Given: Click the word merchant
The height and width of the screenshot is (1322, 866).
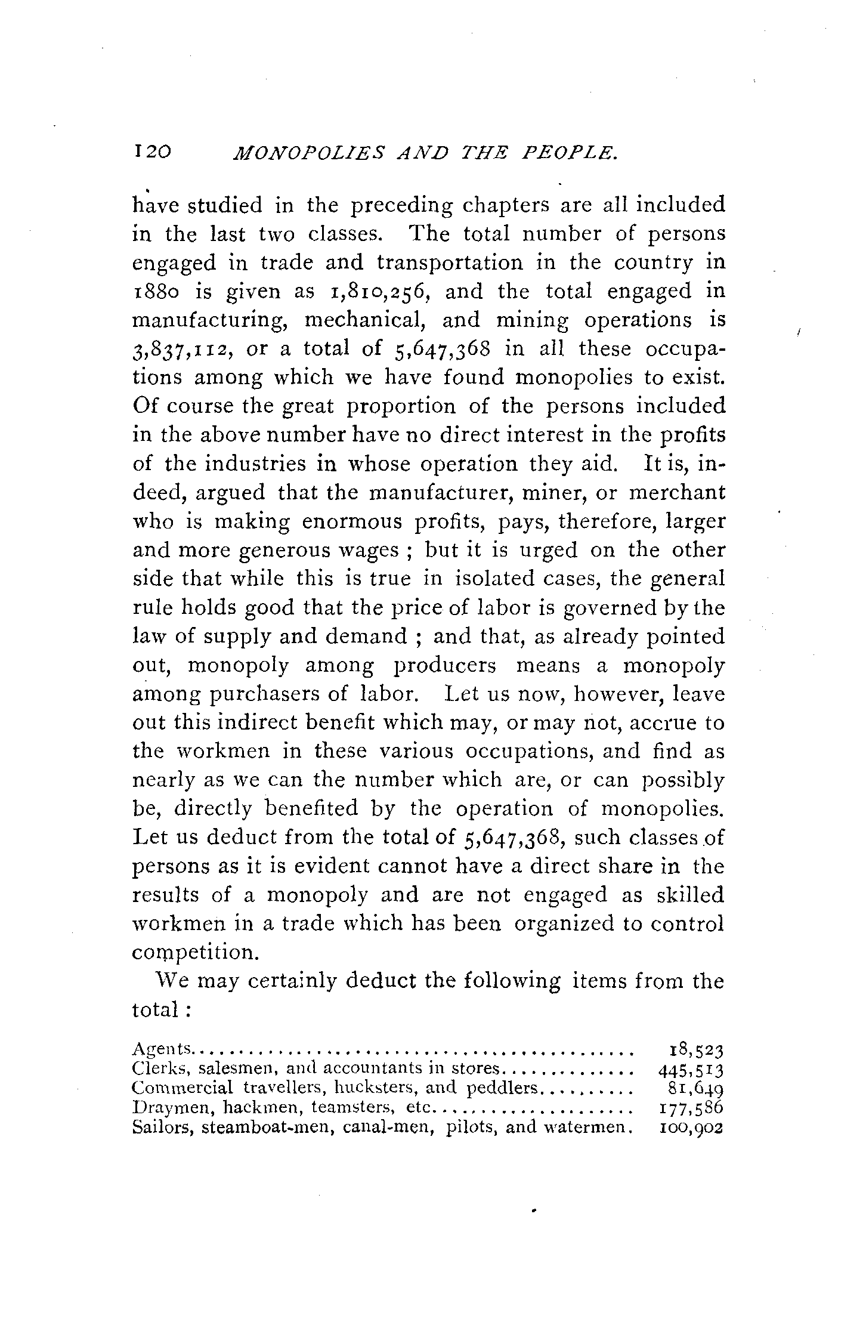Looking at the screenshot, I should (678, 493).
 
